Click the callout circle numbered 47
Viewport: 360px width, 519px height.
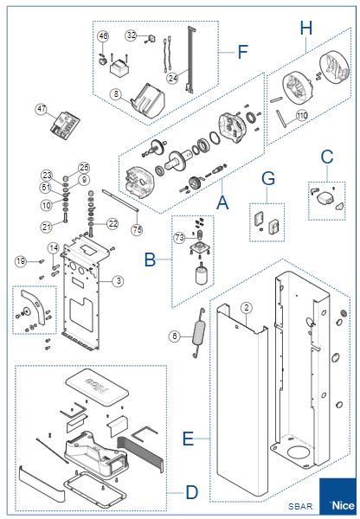[42, 109]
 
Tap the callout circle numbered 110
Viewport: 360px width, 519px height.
[302, 116]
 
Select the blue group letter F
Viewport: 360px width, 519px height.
[243, 52]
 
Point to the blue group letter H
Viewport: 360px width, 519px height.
[306, 28]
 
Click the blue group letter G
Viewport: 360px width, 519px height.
[268, 178]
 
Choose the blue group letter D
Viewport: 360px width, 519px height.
[192, 492]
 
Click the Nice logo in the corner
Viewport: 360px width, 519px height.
[337, 496]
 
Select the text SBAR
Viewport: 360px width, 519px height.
[300, 506]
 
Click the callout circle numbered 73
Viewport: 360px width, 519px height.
[179, 237]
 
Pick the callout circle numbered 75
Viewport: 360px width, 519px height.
[137, 230]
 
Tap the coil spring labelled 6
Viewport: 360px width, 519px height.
[199, 333]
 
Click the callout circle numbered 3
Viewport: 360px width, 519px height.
[119, 281]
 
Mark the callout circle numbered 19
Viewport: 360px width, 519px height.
[21, 261]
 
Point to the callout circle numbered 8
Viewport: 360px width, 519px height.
[116, 94]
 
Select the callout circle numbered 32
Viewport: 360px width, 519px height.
[132, 35]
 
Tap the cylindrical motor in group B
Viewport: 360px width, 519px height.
[202, 274]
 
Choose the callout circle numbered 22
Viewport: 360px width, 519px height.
[113, 224]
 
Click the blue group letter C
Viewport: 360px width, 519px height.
[327, 157]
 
